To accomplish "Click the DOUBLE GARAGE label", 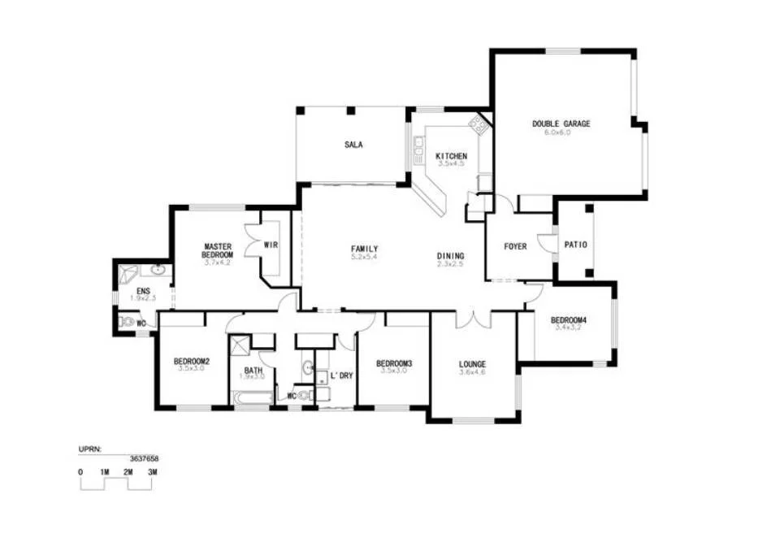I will pos(561,124).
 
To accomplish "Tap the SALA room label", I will pos(353,145).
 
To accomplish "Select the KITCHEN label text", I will pos(451,156).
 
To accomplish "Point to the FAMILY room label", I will pos(364,249).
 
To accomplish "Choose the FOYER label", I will pos(515,246).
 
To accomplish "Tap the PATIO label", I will pos(575,245).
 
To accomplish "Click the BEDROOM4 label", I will pos(569,319).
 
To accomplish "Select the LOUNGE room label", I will pos(472,364).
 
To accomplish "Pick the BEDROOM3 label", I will pos(394,363).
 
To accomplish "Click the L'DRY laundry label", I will pos(340,375).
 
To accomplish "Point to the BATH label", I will pos(253,370).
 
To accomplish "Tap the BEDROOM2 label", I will pos(192,362).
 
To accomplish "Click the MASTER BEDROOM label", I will pos(219,250).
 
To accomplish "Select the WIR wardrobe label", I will pos(271,245).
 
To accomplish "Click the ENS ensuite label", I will pos(143,291).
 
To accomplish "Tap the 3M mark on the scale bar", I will pos(152,472).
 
